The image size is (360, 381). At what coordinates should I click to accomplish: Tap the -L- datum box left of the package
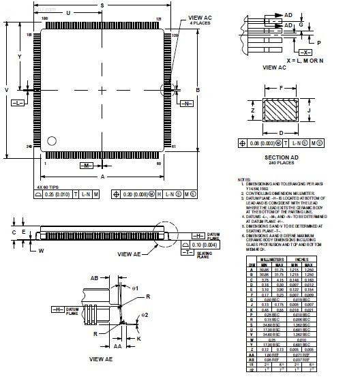pyautogui.click(x=17, y=103)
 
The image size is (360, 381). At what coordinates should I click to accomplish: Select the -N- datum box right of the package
pyautogui.click(x=185, y=103)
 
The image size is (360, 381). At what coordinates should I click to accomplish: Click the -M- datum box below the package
pyautogui.click(x=87, y=166)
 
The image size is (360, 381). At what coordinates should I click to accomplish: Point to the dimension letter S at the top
pyautogui.click(x=101, y=5)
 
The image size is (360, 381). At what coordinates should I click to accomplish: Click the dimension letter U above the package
pyautogui.click(x=68, y=14)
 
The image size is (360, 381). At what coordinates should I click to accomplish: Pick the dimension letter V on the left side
pyautogui.click(x=7, y=89)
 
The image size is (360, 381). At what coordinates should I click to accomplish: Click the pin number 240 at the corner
pyautogui.click(x=30, y=147)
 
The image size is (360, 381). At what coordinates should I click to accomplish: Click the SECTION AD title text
pyautogui.click(x=278, y=158)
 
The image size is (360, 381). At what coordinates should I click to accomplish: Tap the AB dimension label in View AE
pyautogui.click(x=95, y=277)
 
